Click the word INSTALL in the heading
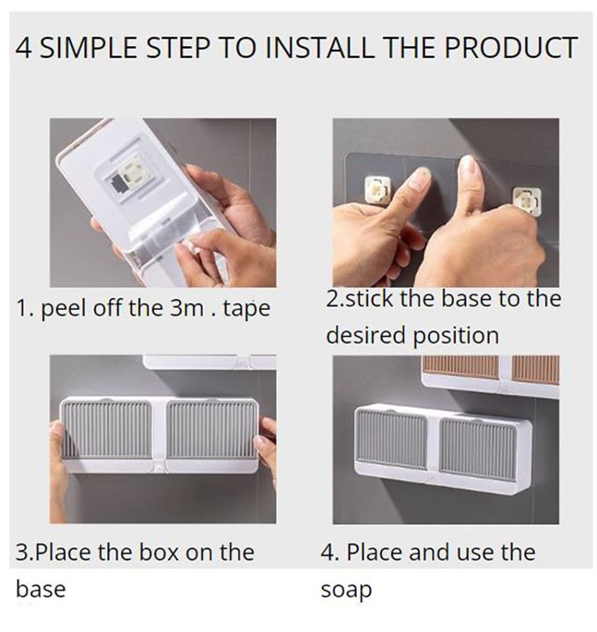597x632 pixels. pyautogui.click(x=320, y=48)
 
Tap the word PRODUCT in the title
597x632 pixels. pyautogui.click(x=511, y=48)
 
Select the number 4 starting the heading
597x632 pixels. pyautogui.click(x=23, y=48)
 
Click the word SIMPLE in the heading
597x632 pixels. pyautogui.click(x=88, y=48)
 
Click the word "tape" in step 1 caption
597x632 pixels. pyautogui.click(x=246, y=309)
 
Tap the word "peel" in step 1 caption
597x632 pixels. pyautogui.click(x=63, y=309)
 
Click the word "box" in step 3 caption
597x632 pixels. pyautogui.click(x=158, y=552)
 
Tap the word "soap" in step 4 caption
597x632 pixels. pyautogui.click(x=346, y=591)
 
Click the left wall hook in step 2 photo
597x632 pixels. pyautogui.click(x=378, y=189)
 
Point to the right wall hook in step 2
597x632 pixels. pyautogui.click(x=527, y=200)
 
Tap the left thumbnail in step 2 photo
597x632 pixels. pyautogui.click(x=417, y=179)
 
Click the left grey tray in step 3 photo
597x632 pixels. pyautogui.click(x=107, y=429)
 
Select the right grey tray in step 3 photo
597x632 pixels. pyautogui.click(x=211, y=429)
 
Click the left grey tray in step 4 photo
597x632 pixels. pyautogui.click(x=391, y=437)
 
